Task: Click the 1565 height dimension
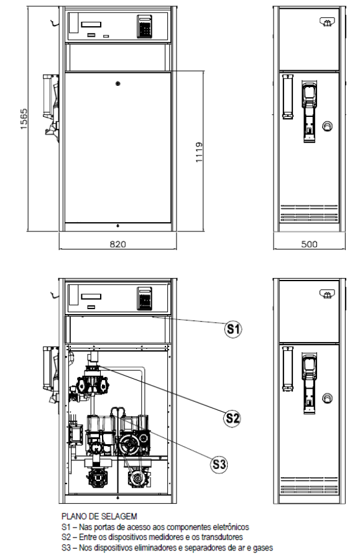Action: [x=24, y=119]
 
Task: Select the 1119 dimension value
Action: [x=199, y=152]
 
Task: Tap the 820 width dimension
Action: [x=118, y=244]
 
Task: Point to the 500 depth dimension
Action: [x=309, y=244]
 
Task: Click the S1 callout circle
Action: [x=233, y=329]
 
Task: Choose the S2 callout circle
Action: [x=233, y=418]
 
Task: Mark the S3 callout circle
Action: [x=219, y=465]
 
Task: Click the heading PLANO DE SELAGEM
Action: [x=99, y=516]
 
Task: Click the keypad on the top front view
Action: [x=144, y=27]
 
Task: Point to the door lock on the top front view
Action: [x=118, y=83]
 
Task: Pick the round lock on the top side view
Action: [x=327, y=126]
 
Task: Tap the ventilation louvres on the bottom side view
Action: [x=309, y=485]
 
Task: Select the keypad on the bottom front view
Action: [x=144, y=298]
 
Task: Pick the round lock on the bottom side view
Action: [x=327, y=398]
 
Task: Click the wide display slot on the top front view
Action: [x=91, y=24]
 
